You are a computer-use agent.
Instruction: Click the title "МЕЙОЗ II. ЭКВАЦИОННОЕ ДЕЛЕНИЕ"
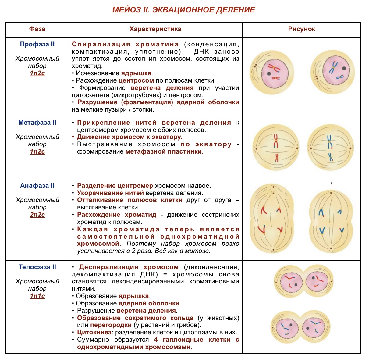point(183,10)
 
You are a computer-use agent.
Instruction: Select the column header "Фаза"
point(37,29)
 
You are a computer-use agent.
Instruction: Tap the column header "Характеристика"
point(155,29)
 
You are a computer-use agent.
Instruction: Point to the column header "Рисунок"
point(301,29)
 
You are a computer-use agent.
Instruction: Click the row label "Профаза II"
point(37,44)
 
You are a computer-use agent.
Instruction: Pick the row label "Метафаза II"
point(37,123)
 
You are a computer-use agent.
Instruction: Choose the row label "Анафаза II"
point(37,186)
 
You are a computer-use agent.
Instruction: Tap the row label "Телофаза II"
point(37,267)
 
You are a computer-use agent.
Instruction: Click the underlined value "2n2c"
point(37,215)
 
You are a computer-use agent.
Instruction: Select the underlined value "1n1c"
point(37,296)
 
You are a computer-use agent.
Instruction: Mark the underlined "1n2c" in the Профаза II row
point(37,73)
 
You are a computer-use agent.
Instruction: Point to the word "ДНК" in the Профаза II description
point(201,52)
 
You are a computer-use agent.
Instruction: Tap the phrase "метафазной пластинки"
point(165,151)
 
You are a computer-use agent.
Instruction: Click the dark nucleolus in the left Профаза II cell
point(269,73)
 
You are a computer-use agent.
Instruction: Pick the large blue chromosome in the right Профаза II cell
point(333,67)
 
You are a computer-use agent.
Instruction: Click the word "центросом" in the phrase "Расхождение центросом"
point(136,80)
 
